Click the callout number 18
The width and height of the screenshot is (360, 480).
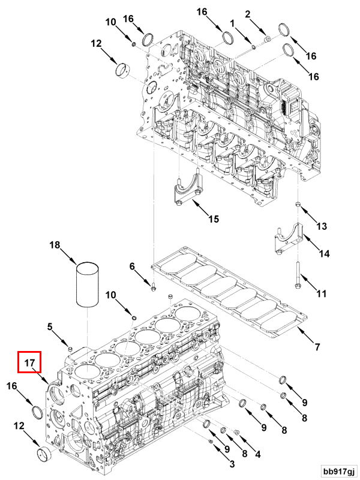point(55,245)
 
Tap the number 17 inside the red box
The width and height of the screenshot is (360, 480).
point(29,362)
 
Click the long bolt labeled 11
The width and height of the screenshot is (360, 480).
point(298,277)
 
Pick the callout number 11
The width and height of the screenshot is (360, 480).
point(322,294)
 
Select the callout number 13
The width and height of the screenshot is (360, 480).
point(322,226)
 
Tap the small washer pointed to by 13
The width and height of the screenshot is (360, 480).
point(298,206)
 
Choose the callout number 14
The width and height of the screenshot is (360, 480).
point(324,254)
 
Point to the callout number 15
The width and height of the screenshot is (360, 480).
point(214,218)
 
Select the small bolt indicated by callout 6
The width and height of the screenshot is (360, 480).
point(154,289)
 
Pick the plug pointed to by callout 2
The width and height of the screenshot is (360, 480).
point(268,38)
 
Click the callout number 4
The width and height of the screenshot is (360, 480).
point(257,455)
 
